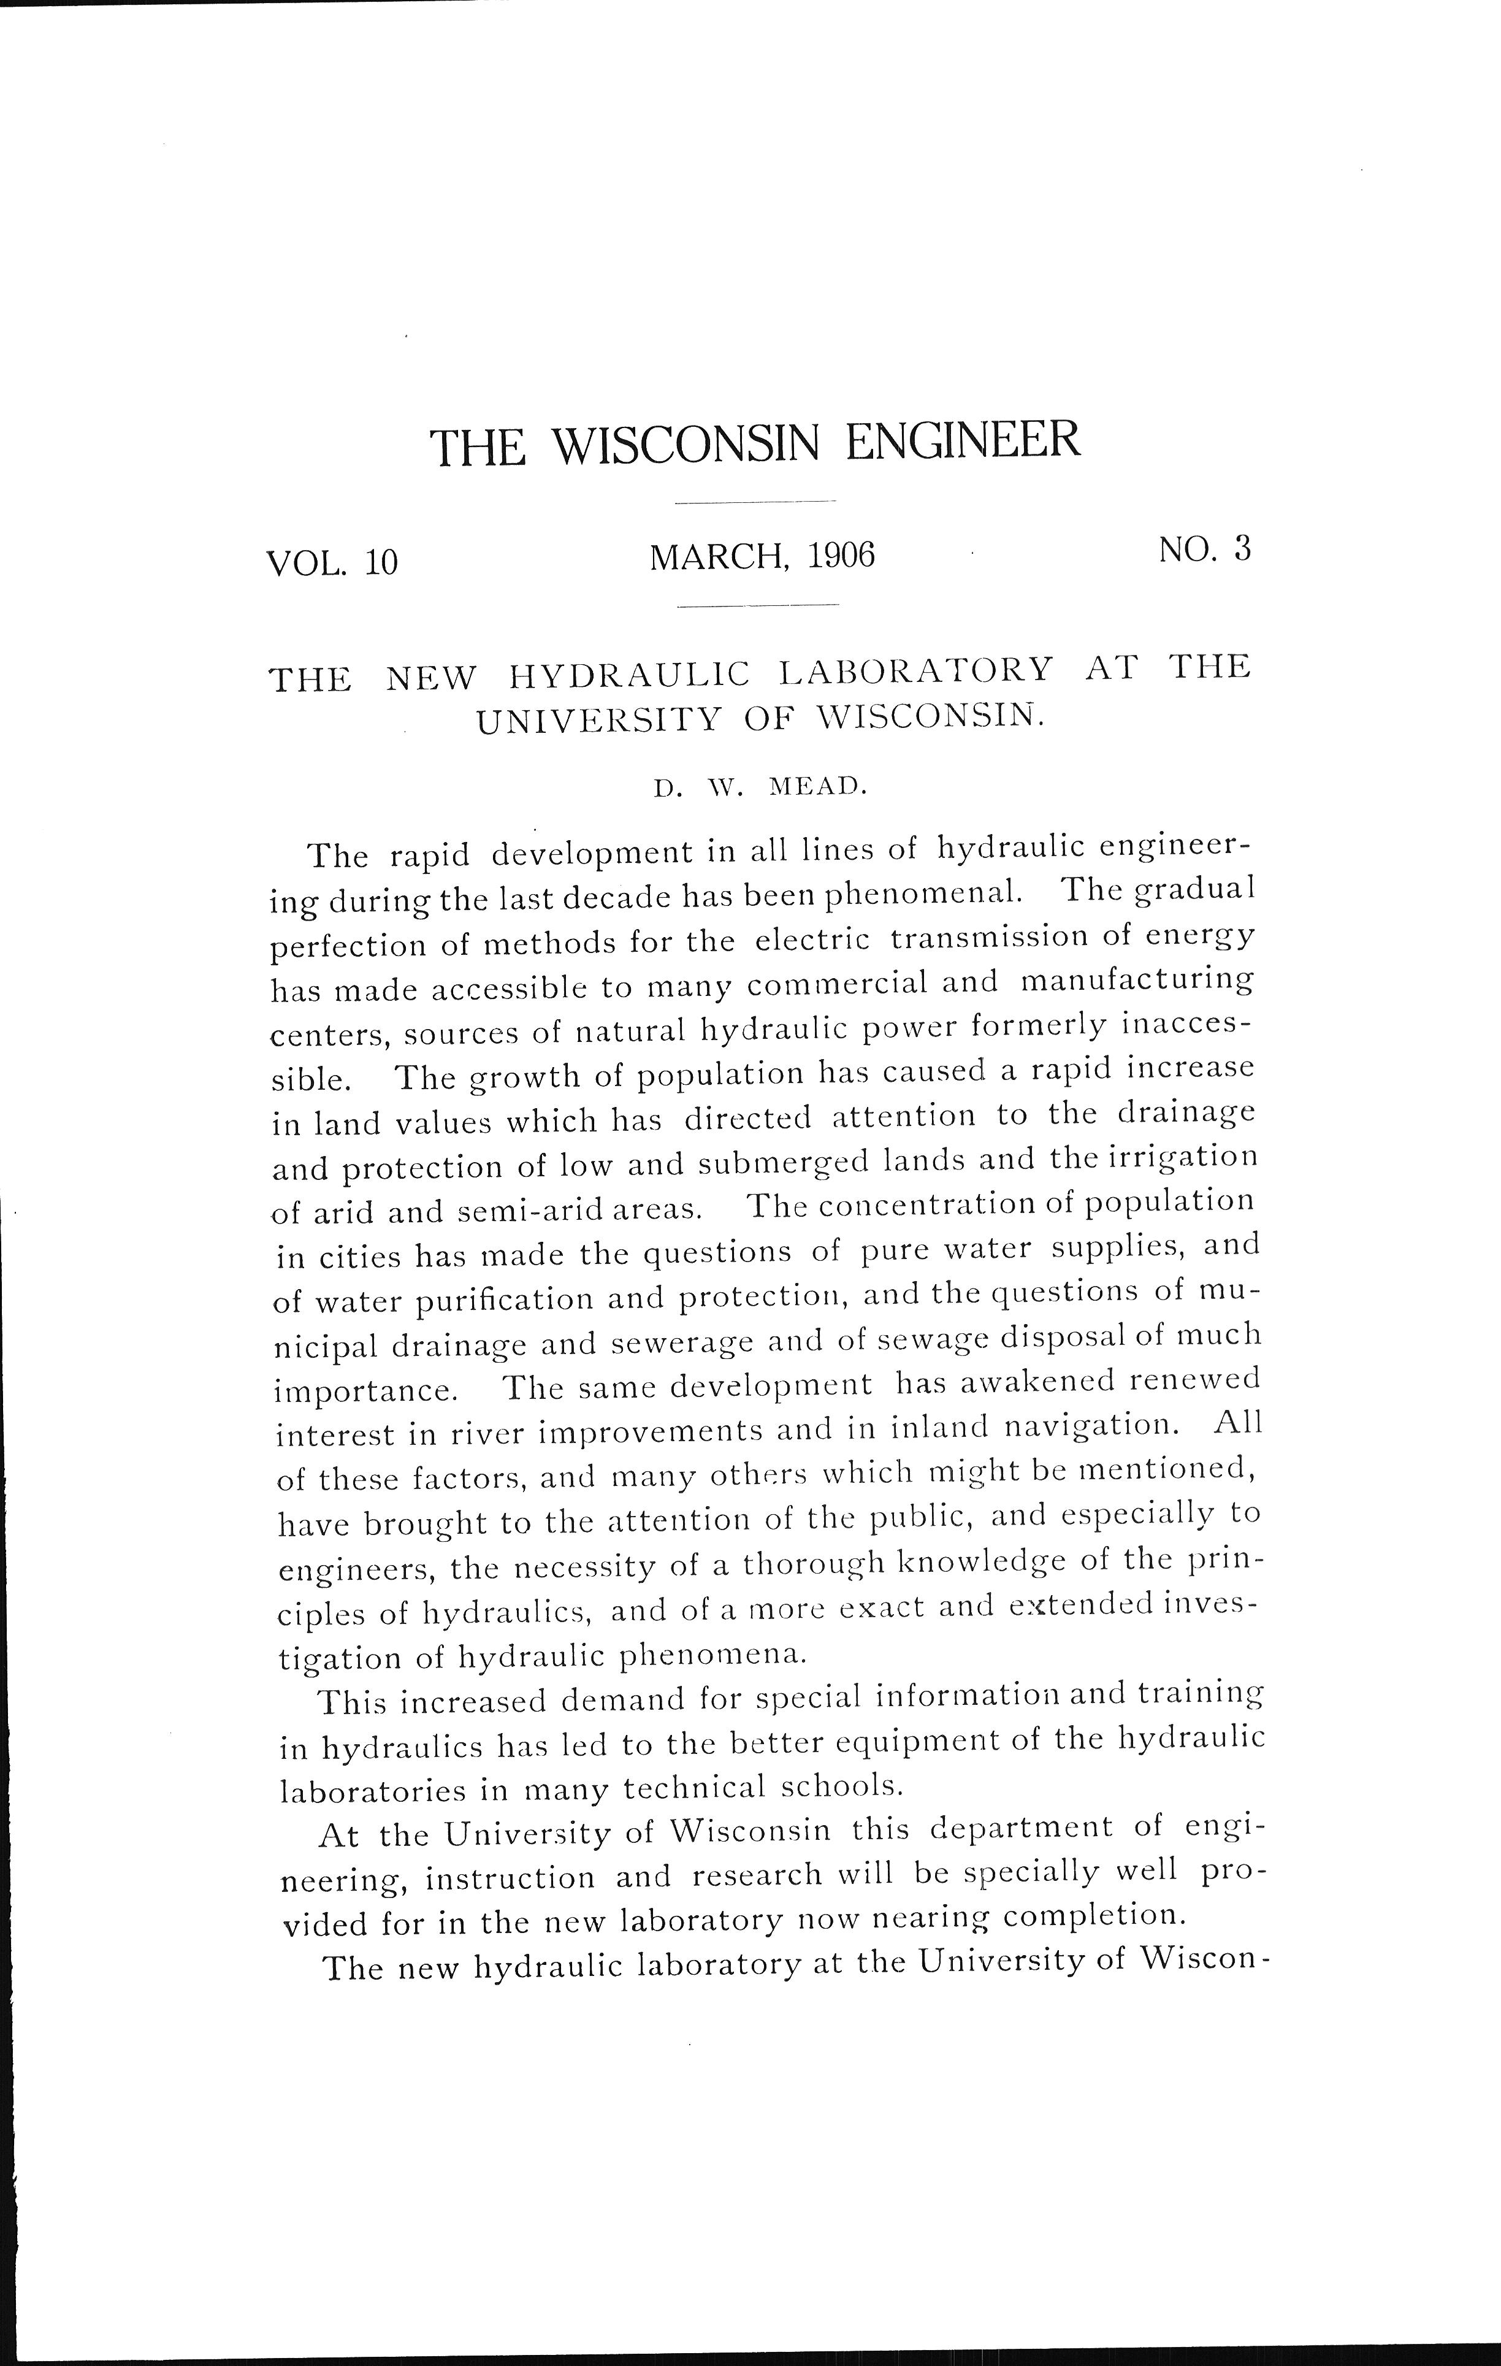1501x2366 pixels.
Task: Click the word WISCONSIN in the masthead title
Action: [x=685, y=444]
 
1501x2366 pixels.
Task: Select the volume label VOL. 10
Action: [x=332, y=562]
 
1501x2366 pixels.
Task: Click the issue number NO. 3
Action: [x=1204, y=550]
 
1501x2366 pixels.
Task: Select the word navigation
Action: [x=1085, y=1426]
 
